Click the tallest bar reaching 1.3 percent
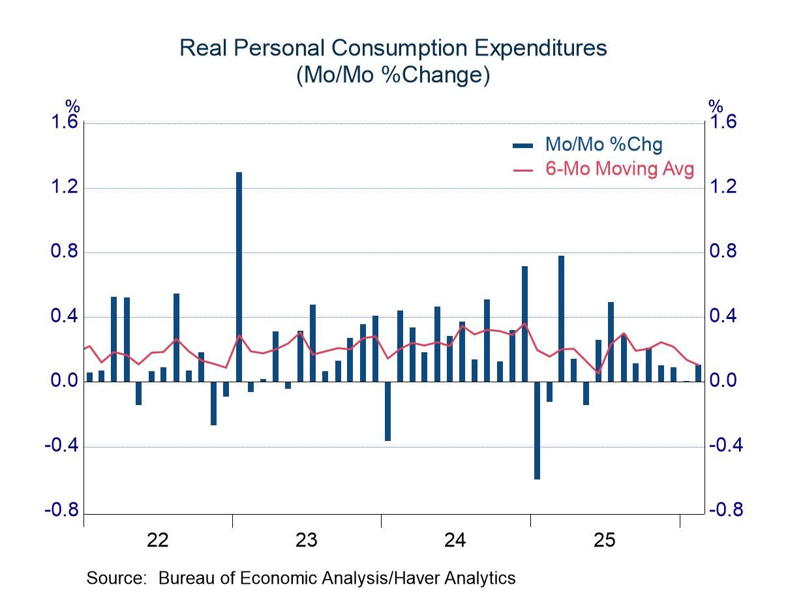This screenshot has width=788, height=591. [x=239, y=277]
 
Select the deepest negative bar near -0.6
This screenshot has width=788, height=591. [x=537, y=431]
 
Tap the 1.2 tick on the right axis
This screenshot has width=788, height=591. [x=724, y=187]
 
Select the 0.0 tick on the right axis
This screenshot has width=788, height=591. [x=724, y=381]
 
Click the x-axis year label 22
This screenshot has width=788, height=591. [x=158, y=540]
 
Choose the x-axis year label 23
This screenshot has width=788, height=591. [x=307, y=540]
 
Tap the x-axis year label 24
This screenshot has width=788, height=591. [x=455, y=540]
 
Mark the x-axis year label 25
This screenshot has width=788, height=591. [x=605, y=540]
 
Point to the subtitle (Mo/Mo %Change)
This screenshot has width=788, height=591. [x=393, y=76]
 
